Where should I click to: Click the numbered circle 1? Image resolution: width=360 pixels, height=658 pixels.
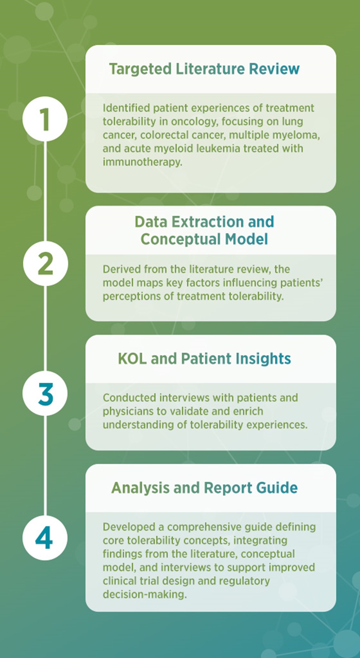[45, 119]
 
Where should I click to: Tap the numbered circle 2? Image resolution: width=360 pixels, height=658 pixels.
[45, 263]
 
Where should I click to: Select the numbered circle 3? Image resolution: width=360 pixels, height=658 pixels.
[45, 393]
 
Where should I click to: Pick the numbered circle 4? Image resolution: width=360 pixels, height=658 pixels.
[45, 538]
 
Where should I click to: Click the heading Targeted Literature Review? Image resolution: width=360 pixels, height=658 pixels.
[204, 69]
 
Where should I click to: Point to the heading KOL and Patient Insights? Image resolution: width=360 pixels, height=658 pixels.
[204, 359]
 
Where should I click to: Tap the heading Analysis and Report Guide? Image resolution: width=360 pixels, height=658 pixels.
[204, 488]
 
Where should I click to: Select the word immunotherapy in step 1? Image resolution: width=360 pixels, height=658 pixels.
[142, 162]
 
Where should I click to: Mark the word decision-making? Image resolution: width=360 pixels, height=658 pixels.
[144, 594]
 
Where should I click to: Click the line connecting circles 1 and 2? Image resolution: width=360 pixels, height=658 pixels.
[45, 191]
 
